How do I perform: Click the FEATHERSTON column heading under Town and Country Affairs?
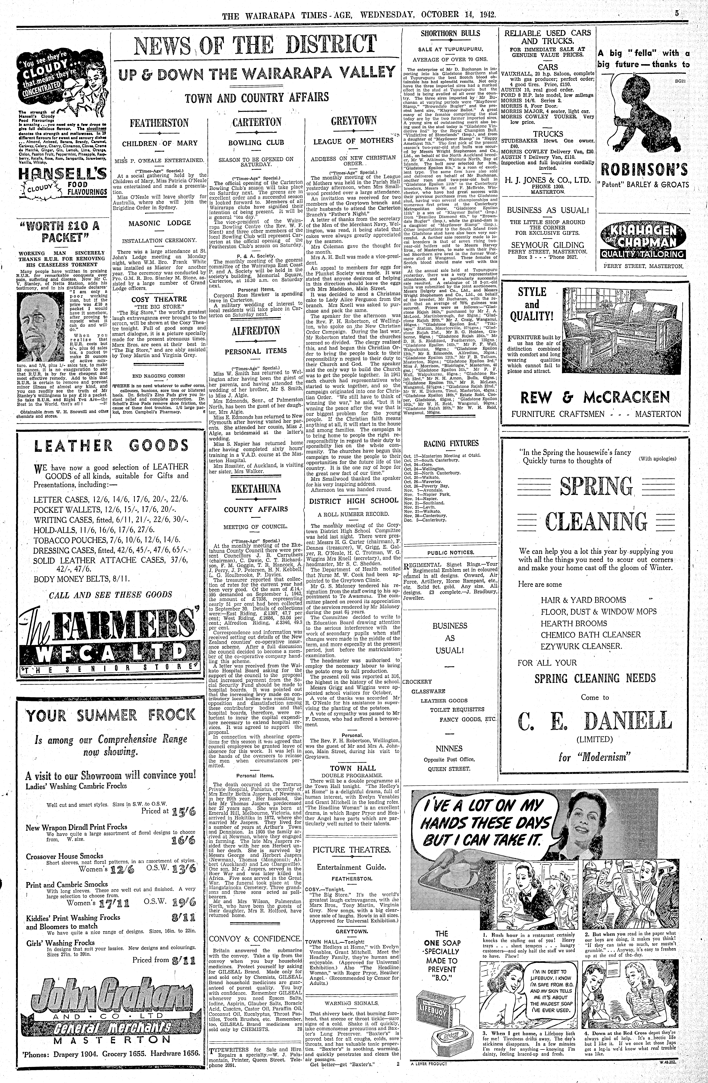pyautogui.click(x=159, y=123)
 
